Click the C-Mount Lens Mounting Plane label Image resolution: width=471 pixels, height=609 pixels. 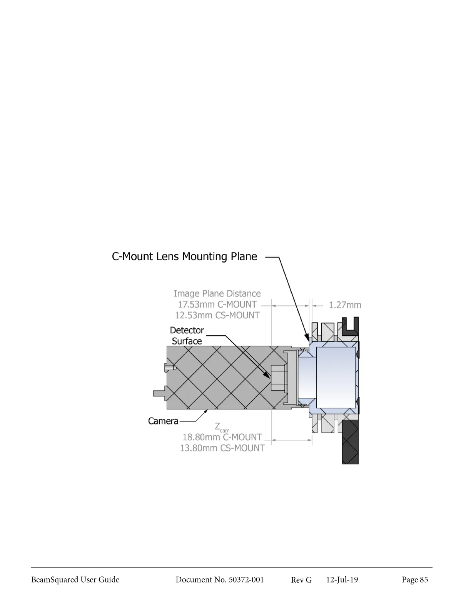[184, 256]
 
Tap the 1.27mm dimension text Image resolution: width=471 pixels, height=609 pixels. [345, 305]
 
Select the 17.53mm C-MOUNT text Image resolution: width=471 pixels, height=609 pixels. [217, 304]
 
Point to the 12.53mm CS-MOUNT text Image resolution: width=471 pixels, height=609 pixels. [217, 315]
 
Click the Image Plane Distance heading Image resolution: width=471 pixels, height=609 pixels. [217, 294]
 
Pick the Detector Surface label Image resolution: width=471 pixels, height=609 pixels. [187, 336]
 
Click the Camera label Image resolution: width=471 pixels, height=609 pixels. [163, 421]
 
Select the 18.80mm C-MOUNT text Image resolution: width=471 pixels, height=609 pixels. [222, 437]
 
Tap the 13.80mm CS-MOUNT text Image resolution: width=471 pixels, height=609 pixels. [222, 448]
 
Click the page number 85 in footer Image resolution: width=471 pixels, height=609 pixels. [415, 580]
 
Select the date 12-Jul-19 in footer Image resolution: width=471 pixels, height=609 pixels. [342, 580]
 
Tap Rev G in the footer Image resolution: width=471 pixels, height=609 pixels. [301, 580]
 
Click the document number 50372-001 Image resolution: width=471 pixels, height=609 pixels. [220, 580]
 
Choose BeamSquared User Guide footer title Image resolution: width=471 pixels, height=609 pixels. [75, 580]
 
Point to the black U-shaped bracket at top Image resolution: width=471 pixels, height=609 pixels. [350, 327]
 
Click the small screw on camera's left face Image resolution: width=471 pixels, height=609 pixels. [170, 368]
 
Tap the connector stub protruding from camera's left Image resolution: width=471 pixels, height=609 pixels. [159, 393]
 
